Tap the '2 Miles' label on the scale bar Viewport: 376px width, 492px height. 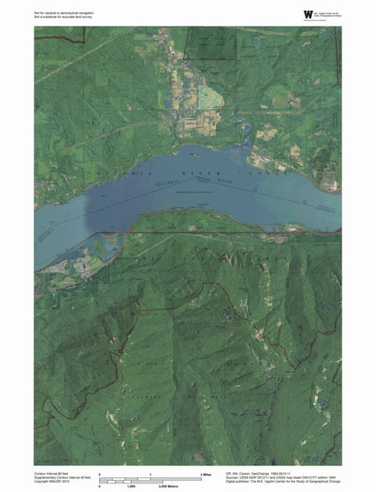coord(208,475)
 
